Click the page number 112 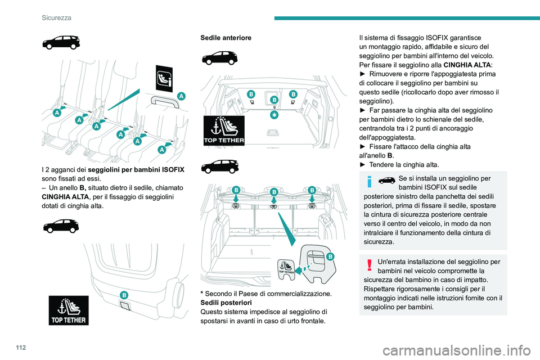[21, 347]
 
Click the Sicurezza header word [56, 17]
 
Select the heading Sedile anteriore [226, 38]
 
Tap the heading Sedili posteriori [226, 303]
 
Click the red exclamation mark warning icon [370, 265]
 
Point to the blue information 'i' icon [370, 182]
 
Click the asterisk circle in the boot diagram [274, 115]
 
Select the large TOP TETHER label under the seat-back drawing [69, 310]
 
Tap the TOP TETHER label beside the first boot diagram [224, 130]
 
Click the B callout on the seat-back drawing [124, 295]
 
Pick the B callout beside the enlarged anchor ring [330, 256]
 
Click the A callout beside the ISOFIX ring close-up [181, 96]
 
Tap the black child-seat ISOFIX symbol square [164, 78]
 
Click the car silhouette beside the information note [387, 180]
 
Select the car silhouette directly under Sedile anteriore [220, 58]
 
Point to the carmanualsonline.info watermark [457, 351]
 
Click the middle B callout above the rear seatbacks [274, 192]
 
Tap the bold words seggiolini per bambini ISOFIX [136, 169]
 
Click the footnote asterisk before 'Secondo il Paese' [202, 293]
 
